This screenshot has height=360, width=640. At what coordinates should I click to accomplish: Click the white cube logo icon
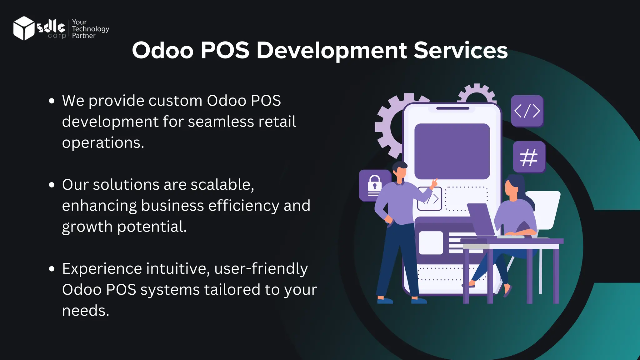click(24, 28)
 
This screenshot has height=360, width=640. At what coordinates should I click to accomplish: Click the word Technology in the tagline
click(90, 29)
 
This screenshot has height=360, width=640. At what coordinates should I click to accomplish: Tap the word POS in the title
click(225, 50)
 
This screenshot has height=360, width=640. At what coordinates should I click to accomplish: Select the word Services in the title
click(461, 50)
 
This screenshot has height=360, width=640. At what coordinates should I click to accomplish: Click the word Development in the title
click(332, 51)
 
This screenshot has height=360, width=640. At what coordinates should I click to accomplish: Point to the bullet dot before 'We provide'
click(52, 101)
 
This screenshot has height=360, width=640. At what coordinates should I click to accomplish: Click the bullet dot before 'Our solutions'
click(52, 185)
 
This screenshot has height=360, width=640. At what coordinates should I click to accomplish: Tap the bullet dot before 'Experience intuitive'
click(52, 269)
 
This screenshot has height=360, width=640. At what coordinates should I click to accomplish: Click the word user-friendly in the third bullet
click(261, 269)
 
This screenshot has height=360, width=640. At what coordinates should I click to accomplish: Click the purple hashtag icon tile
click(529, 157)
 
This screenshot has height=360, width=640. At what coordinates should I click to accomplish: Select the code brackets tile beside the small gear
click(527, 111)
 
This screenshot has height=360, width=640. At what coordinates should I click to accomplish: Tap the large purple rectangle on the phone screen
click(452, 151)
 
